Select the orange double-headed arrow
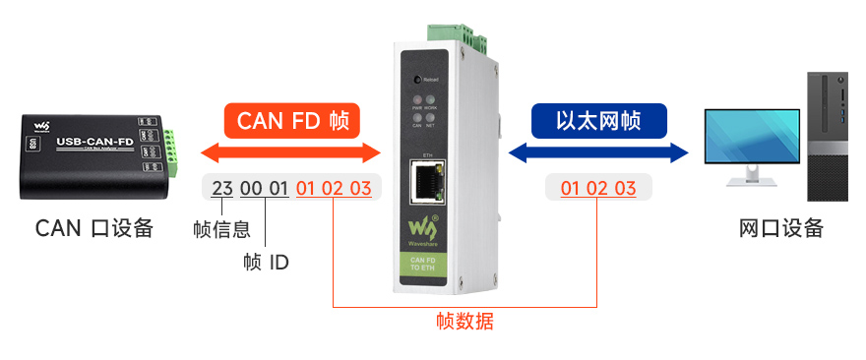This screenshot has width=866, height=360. coord(290,152)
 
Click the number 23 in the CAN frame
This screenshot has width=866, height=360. coord(222,188)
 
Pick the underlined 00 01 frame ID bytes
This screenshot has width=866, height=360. coord(265,188)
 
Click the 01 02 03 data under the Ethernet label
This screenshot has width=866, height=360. coord(598,188)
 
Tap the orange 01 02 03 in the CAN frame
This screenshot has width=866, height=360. coord(334,188)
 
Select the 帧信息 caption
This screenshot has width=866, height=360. coord(221,230)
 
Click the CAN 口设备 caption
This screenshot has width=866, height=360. coord(94,228)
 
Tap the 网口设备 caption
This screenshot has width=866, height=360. coord(780,228)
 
